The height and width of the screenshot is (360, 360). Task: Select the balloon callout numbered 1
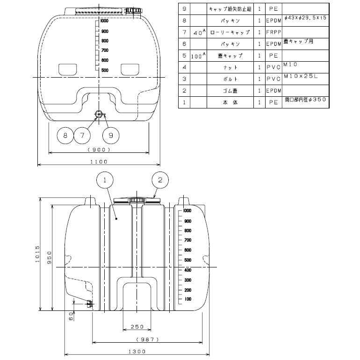tap(106, 179)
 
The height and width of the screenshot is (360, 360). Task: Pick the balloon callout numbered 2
tap(160, 179)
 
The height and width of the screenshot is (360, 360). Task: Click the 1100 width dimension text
tap(99, 161)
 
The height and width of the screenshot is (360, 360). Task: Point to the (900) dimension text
tap(99, 150)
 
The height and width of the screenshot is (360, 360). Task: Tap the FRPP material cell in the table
tap(273, 33)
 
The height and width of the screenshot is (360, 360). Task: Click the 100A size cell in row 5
tap(198, 56)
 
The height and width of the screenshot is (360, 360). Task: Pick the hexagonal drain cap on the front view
tap(98, 113)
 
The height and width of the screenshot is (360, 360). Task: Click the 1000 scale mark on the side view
tap(187, 211)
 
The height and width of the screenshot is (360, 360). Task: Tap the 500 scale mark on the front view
tap(104, 70)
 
